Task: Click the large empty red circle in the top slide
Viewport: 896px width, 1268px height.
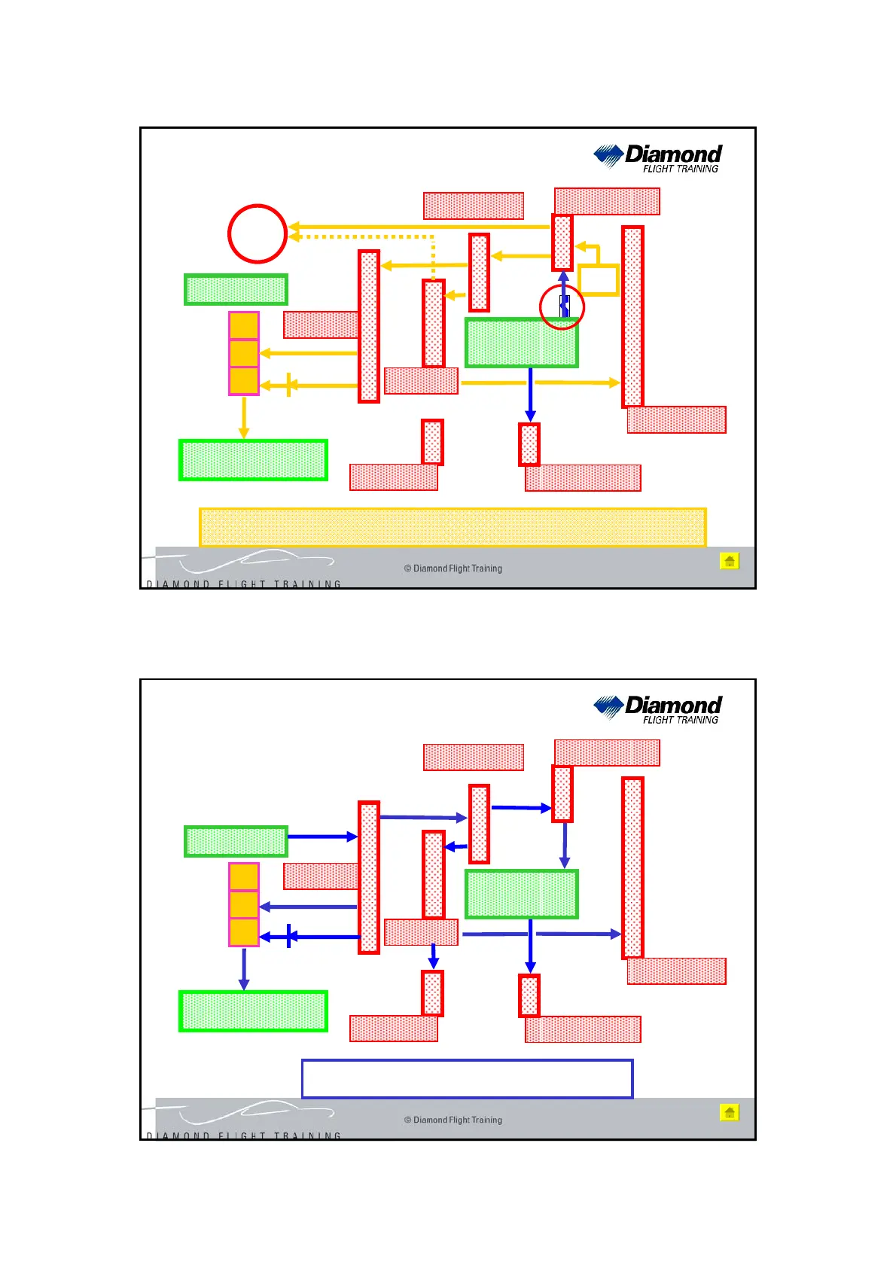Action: [x=258, y=233]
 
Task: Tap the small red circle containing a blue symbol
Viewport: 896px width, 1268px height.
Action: [x=562, y=307]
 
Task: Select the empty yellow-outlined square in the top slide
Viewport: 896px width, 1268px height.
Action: [x=599, y=280]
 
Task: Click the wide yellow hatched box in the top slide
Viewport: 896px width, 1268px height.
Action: [x=453, y=527]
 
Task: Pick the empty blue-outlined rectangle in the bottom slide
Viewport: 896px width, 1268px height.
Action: [x=467, y=1079]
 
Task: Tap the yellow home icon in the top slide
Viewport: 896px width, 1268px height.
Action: [x=729, y=561]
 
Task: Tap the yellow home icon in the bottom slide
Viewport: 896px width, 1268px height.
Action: [x=729, y=1112]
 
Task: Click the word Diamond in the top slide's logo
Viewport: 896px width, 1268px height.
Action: [x=673, y=154]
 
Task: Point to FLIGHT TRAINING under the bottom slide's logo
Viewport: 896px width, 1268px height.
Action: [x=680, y=720]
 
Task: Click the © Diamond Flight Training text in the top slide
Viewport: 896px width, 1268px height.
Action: [x=453, y=568]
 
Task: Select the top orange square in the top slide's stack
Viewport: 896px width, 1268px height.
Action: [x=244, y=326]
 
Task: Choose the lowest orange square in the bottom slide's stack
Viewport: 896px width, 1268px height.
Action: [x=244, y=932]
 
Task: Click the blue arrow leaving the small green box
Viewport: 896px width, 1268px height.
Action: [x=322, y=837]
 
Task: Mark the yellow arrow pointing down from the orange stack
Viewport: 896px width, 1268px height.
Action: [x=243, y=417]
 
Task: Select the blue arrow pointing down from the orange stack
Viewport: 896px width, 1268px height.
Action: [x=243, y=968]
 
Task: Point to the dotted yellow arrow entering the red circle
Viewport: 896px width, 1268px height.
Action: [x=361, y=236]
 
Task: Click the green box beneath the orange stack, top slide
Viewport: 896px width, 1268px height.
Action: [x=253, y=460]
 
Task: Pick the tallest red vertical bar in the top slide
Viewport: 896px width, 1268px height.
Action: [x=632, y=316]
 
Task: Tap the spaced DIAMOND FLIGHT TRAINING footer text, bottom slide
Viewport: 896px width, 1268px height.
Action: [x=244, y=1135]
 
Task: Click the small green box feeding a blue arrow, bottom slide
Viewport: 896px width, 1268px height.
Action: [x=236, y=841]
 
